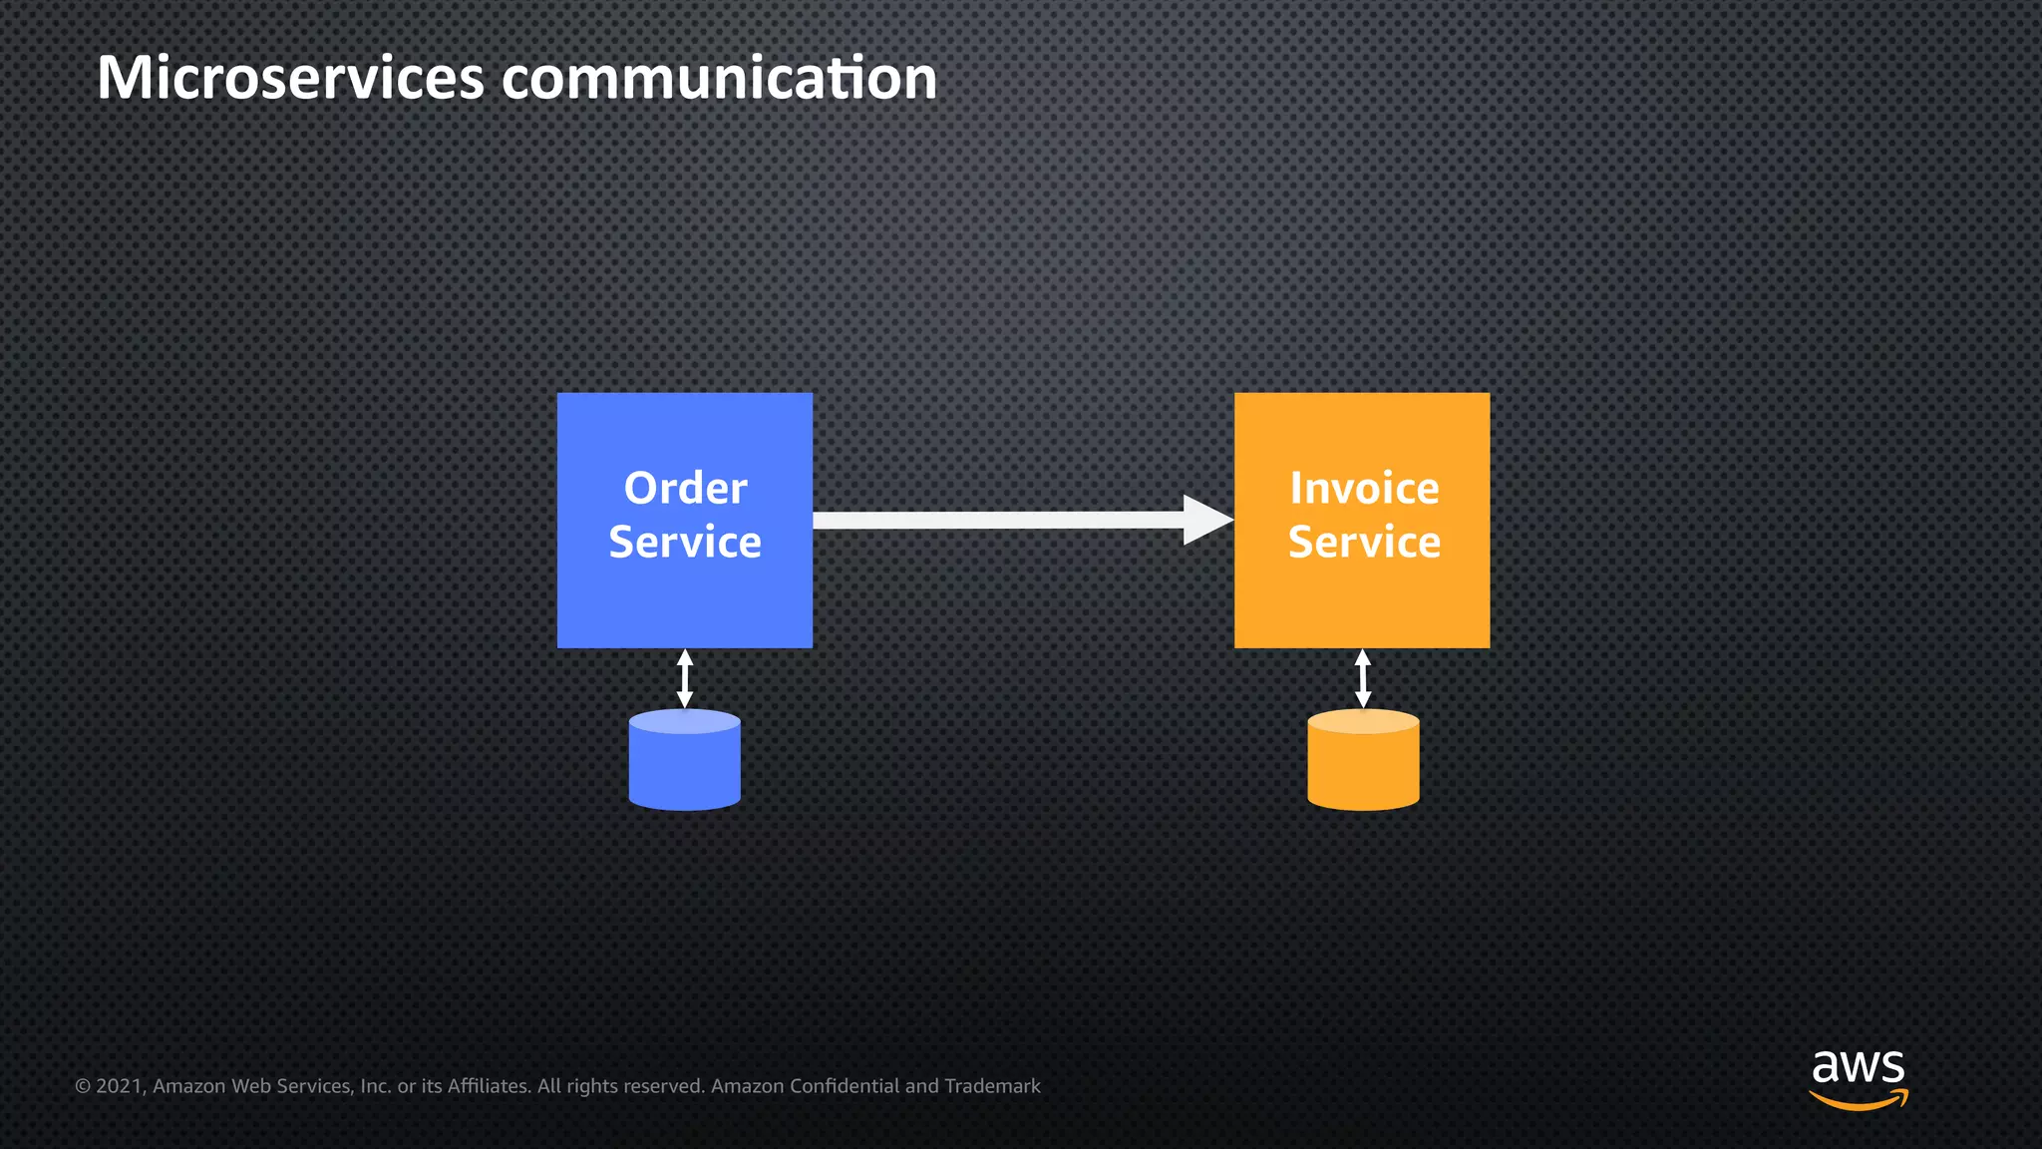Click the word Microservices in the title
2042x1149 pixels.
click(x=290, y=78)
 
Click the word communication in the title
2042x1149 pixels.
click(x=719, y=78)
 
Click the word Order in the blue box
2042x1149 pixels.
click(x=685, y=489)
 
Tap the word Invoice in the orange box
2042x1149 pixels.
click(x=1364, y=489)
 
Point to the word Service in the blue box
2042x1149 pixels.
click(x=685, y=543)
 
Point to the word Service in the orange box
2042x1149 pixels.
click(x=1364, y=543)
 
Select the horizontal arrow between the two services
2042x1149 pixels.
click(x=997, y=520)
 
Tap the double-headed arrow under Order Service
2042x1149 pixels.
click(x=685, y=678)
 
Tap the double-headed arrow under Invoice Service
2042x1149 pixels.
click(x=1363, y=678)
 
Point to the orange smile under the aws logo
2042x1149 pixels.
click(x=1859, y=1101)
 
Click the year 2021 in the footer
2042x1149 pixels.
click(x=120, y=1086)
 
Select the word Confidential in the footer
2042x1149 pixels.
click(x=844, y=1086)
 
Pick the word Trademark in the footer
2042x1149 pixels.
click(x=992, y=1086)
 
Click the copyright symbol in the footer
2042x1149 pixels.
click(x=83, y=1086)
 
